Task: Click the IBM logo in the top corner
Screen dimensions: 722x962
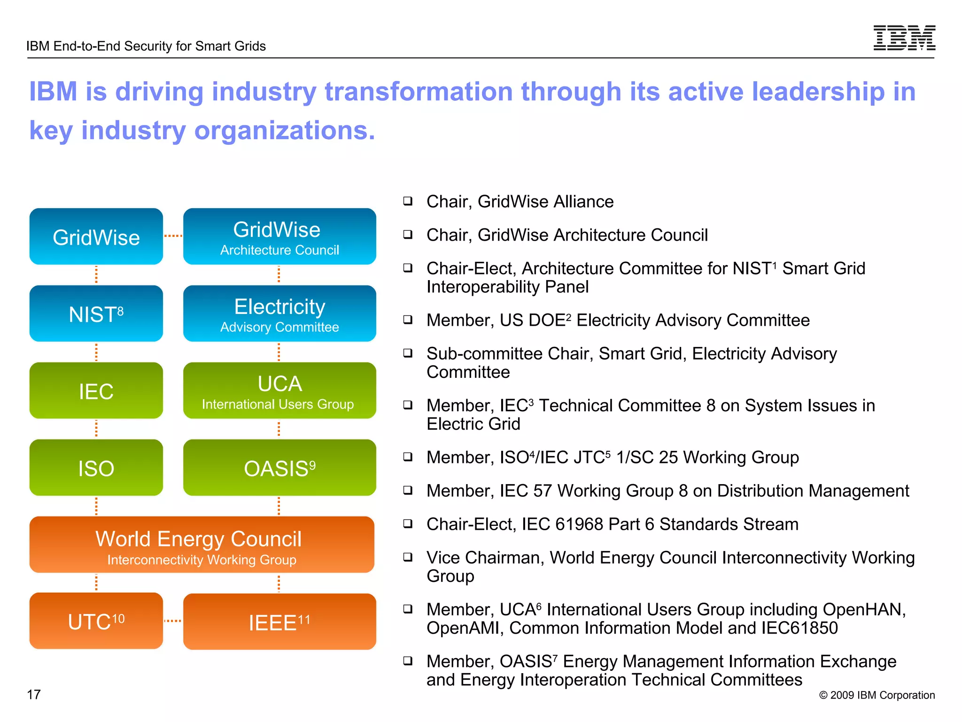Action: (904, 38)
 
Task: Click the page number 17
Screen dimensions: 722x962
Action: (34, 694)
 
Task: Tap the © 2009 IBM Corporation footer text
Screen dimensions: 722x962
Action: (877, 695)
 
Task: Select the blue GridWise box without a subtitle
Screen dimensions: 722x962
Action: (96, 236)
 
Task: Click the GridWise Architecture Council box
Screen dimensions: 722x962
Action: (279, 236)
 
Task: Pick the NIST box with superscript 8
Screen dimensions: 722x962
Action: (96, 314)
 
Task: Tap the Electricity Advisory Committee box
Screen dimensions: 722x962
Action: (279, 314)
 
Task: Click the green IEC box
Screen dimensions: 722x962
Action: (96, 391)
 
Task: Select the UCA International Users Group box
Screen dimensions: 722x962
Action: (279, 391)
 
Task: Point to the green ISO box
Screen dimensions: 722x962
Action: (96, 468)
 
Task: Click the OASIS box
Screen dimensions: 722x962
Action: (279, 468)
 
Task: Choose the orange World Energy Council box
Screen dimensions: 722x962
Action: (202, 545)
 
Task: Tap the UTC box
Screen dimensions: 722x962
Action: (96, 621)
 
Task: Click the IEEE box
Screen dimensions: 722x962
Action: (279, 622)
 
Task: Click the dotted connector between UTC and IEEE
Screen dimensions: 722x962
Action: (173, 621)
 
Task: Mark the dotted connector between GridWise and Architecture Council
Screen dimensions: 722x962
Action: (173, 236)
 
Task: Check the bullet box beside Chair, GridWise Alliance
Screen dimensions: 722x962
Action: (408, 201)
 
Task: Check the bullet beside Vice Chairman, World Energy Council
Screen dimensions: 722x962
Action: (408, 557)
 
